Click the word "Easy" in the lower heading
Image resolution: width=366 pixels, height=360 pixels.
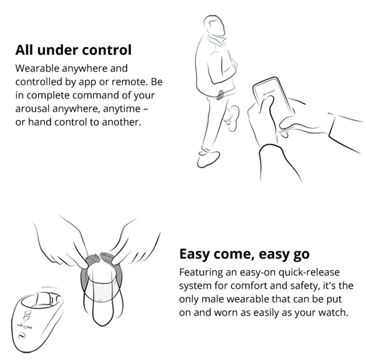pyautogui.click(x=194, y=254)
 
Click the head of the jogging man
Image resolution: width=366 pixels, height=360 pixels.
pyautogui.click(x=214, y=25)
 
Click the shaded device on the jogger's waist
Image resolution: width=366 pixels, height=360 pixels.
pyautogui.click(x=220, y=95)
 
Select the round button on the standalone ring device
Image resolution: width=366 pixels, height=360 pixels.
pyautogui.click(x=22, y=336)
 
